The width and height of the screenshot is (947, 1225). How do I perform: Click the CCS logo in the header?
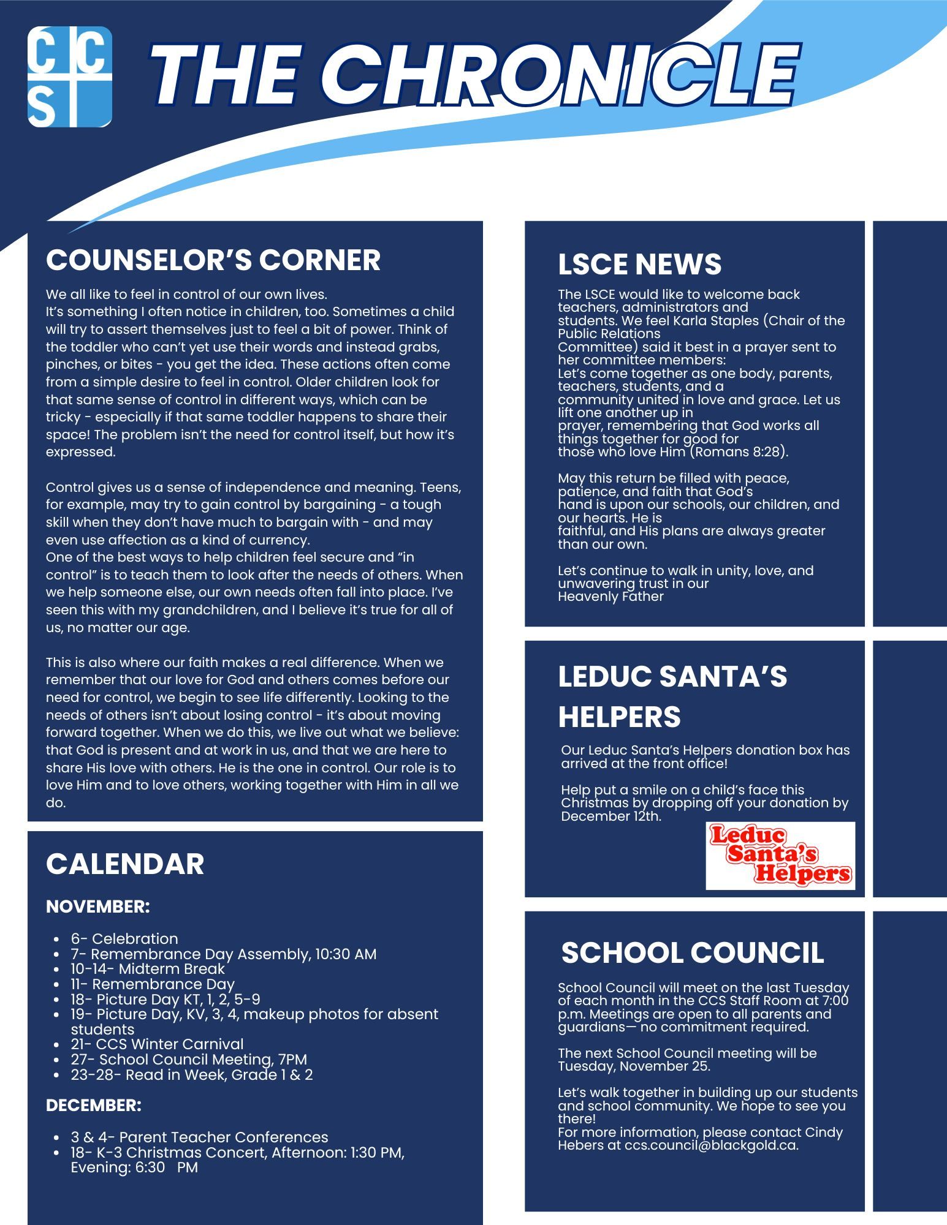tap(70, 77)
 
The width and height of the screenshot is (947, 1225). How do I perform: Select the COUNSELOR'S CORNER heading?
tap(213, 260)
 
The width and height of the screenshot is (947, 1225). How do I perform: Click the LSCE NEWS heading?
tap(639, 264)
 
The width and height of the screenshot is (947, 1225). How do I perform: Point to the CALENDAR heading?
tap(125, 864)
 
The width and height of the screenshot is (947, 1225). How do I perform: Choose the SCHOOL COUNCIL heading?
tap(692, 952)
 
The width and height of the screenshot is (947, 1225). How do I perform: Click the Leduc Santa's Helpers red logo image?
tap(780, 856)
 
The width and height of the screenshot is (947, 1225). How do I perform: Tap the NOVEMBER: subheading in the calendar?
tap(98, 907)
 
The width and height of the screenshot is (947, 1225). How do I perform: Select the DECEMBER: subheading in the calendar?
tap(94, 1106)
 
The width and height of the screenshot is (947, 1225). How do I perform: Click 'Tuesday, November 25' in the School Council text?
tap(633, 1066)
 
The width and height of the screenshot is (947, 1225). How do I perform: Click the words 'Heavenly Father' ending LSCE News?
tap(610, 597)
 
